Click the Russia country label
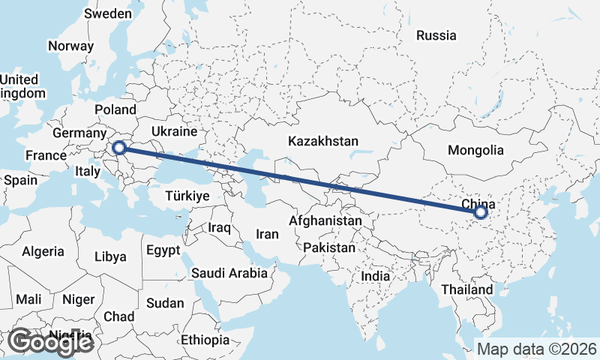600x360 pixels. coord(436,35)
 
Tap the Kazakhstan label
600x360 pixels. coord(323,141)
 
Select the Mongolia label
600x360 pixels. coord(475,150)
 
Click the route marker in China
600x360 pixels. coord(481,213)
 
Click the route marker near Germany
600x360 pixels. coord(118,148)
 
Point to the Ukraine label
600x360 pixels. coord(173,131)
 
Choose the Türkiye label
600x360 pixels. coord(187,196)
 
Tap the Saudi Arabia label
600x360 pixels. coord(229,273)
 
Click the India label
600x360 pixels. coord(375,276)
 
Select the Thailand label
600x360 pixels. coord(467,289)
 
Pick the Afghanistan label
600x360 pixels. coord(325,222)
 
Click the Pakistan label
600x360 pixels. coord(329,247)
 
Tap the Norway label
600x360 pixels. coord(70,46)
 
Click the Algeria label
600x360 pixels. coord(43,252)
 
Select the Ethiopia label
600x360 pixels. coord(205,340)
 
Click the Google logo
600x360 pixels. coord(51,342)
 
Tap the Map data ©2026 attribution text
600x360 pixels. coord(537,349)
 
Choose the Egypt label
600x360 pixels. coord(163,250)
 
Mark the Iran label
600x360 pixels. coord(267,234)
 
